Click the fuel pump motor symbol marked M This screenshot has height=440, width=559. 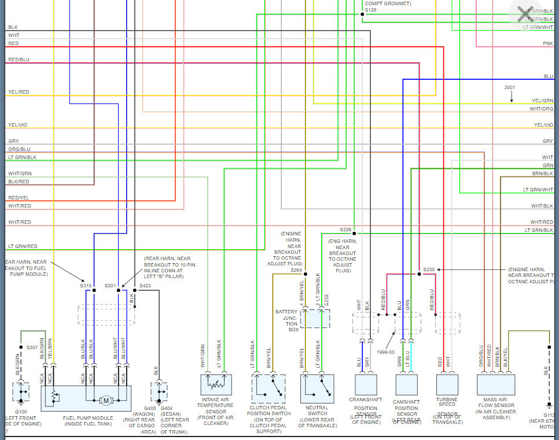click(106, 400)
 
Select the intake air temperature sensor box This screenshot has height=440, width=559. click(216, 384)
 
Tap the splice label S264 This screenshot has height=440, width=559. click(296, 270)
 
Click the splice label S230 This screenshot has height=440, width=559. click(429, 269)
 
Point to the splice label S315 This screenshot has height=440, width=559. click(86, 286)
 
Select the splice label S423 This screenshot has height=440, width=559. click(145, 286)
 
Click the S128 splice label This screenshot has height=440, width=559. click(370, 10)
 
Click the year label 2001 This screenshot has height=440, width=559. click(509, 87)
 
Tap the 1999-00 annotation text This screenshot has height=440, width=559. click(384, 352)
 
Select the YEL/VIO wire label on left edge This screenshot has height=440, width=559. click(18, 125)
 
